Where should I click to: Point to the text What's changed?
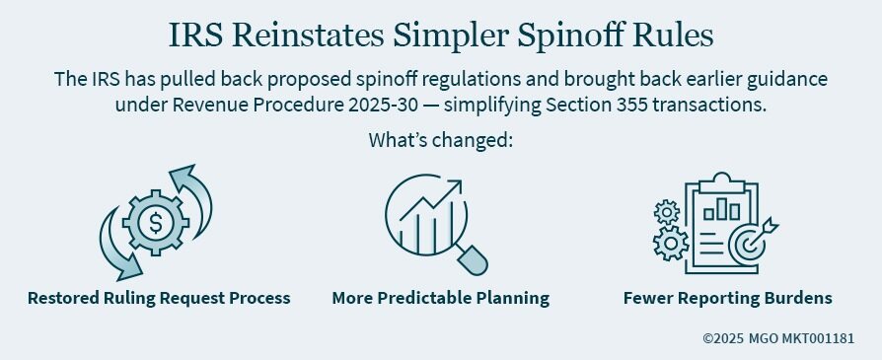tap(441, 139)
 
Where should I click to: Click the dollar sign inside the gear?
tap(156, 224)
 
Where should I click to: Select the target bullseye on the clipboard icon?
tap(746, 243)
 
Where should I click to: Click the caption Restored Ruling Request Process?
tap(159, 298)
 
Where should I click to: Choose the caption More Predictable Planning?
tap(440, 298)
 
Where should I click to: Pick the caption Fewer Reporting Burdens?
tap(727, 298)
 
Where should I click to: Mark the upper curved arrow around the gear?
tap(193, 192)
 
